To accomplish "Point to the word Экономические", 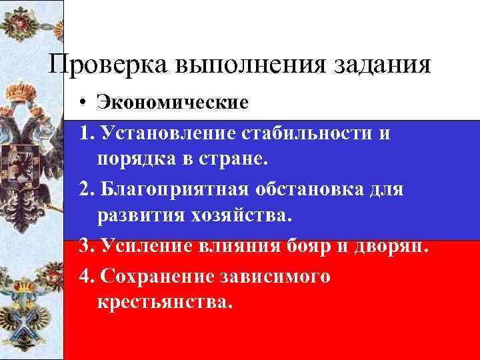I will pos(172,103).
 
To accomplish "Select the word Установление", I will pos(161,133).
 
